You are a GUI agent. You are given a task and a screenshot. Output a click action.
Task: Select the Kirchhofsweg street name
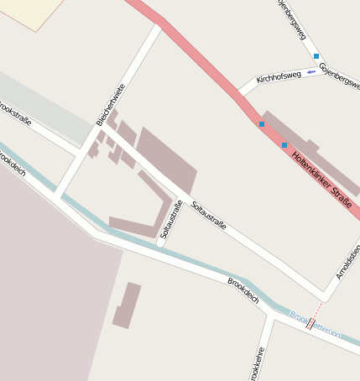click(x=279, y=76)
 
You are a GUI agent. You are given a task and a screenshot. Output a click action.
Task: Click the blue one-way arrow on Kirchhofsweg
click(x=310, y=72)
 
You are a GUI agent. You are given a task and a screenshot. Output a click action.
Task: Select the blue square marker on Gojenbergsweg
click(x=316, y=56)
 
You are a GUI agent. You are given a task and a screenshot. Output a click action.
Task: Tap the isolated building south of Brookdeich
click(x=127, y=305)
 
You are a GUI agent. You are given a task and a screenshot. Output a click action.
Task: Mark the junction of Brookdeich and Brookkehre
click(x=270, y=315)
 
